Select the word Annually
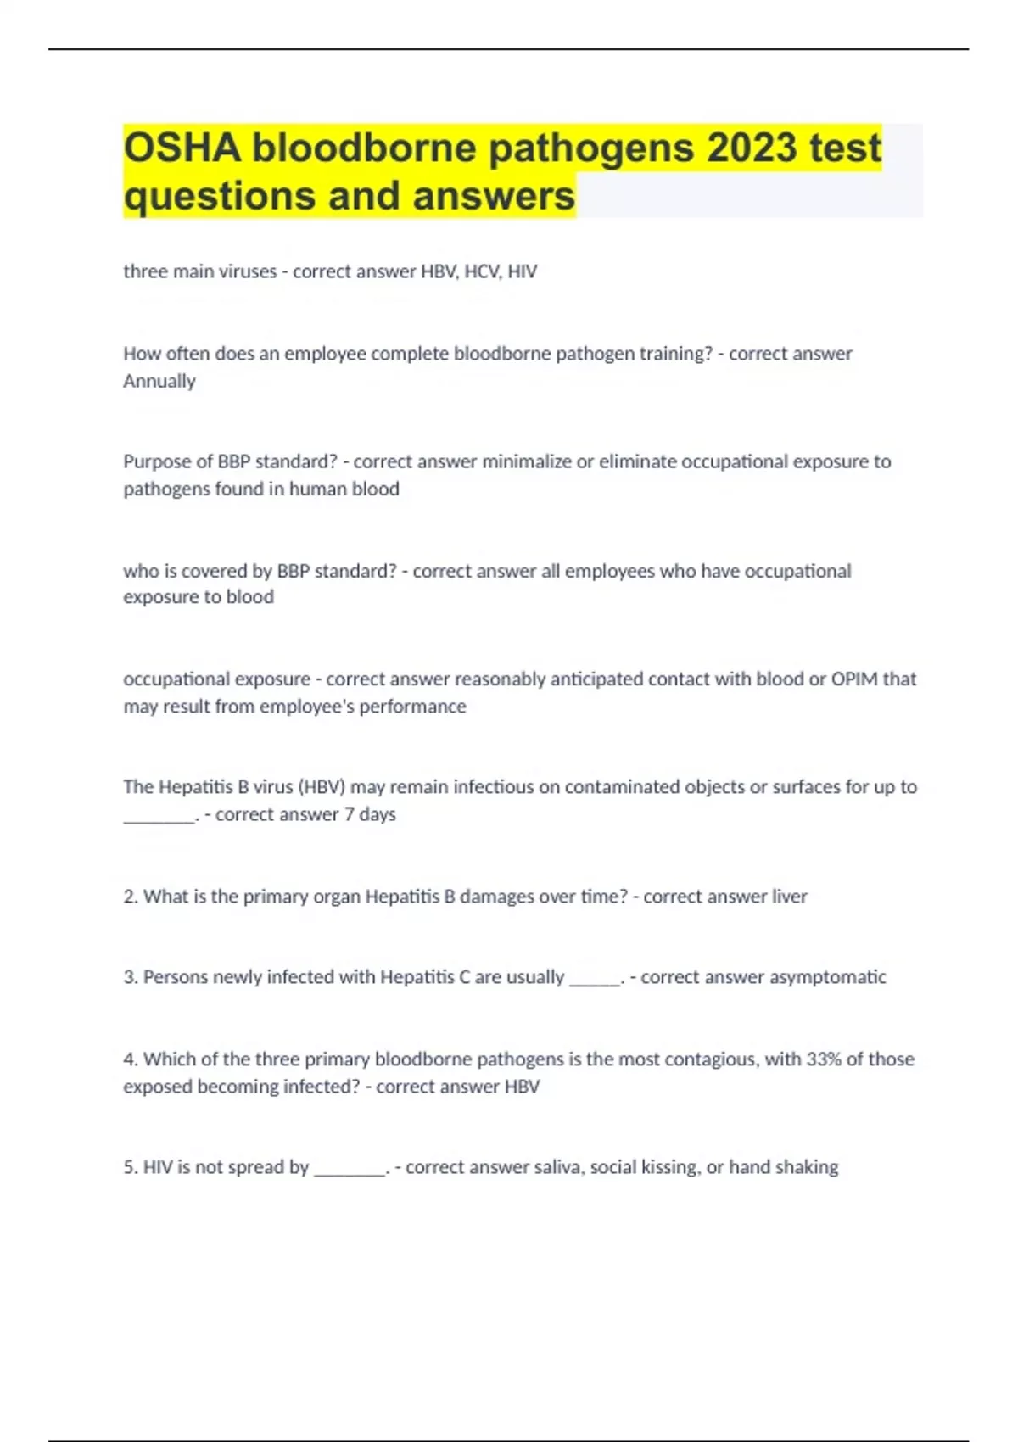click(159, 381)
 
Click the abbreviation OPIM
click(854, 679)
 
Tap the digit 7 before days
click(349, 814)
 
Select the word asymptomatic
click(828, 977)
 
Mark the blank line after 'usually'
click(595, 982)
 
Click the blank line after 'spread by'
click(350, 1172)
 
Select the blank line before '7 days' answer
click(159, 819)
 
